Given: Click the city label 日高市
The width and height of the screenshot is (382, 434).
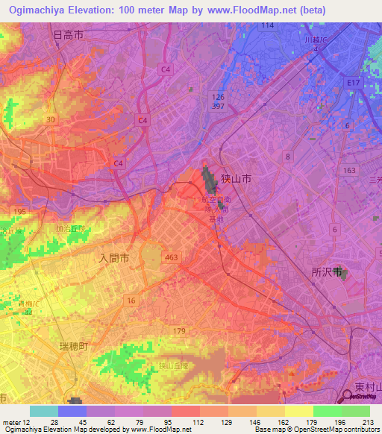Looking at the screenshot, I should pos(69,34).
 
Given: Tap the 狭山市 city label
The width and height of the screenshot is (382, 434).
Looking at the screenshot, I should pos(235,179).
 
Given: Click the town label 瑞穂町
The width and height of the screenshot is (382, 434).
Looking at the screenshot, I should pos(74,347).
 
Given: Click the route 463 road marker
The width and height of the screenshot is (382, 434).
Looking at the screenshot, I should pos(172,257).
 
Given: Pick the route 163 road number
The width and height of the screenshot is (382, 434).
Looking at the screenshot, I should pos(349,170).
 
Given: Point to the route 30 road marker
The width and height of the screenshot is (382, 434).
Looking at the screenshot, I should pos(50,119).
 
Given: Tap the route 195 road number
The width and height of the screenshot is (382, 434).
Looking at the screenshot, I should pos(21,213).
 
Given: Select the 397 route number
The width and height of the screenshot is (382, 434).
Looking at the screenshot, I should pos(217,106).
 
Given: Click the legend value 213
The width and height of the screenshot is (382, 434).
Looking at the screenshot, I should pos(368,423).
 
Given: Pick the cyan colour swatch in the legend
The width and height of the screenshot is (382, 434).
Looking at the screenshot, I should pos(44,411).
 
